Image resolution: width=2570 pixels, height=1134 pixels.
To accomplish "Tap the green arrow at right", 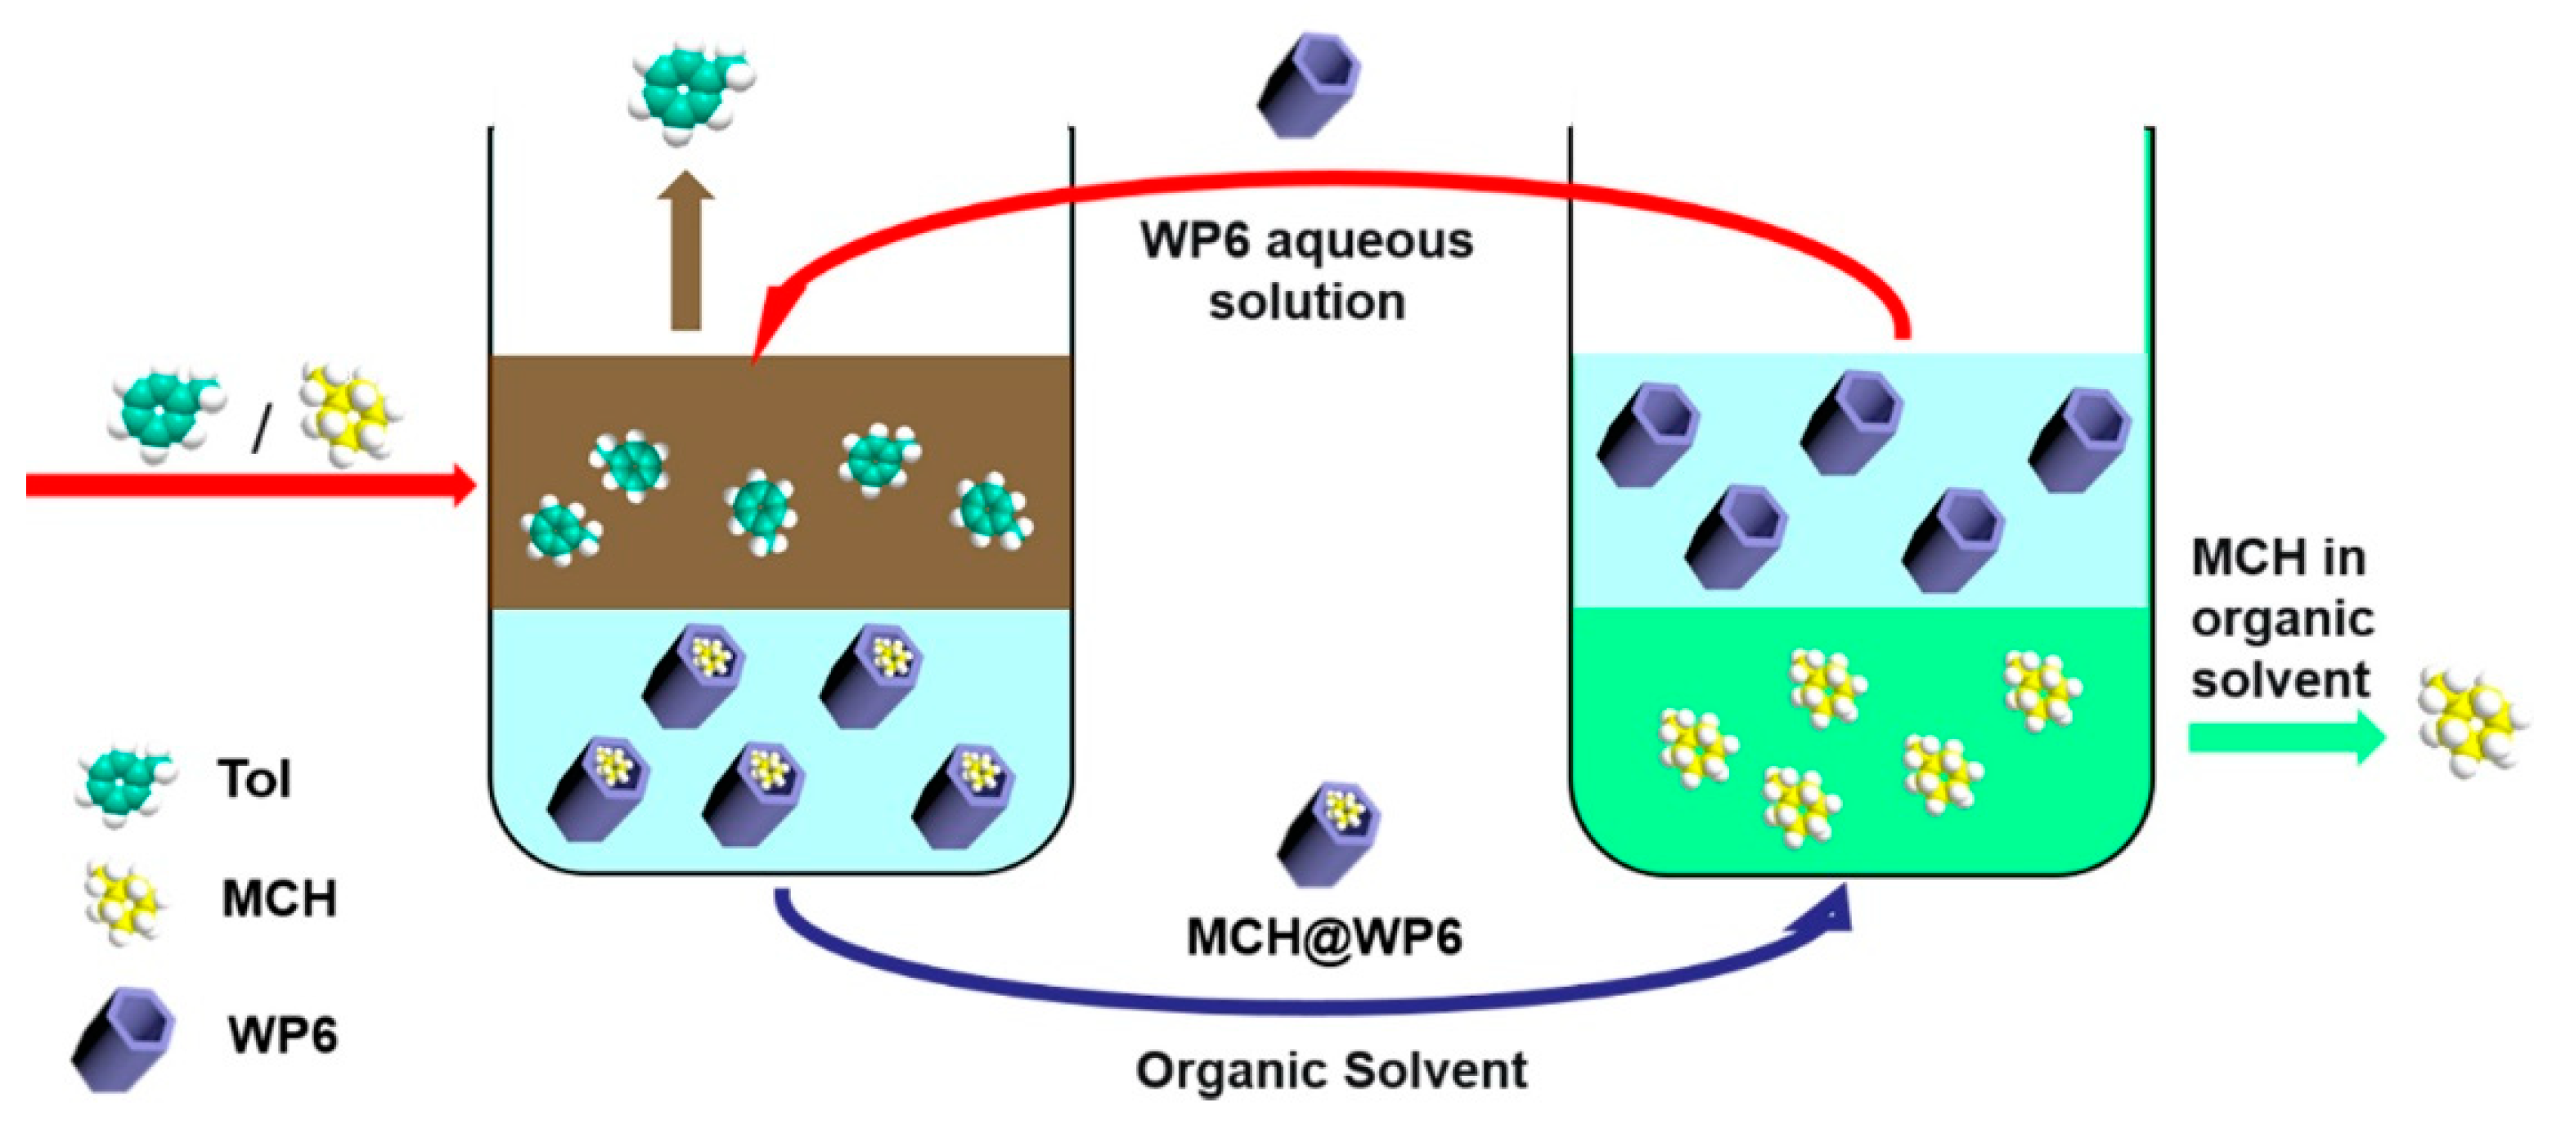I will coord(2285,738).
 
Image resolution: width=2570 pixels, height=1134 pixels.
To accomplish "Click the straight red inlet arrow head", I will coord(465,485).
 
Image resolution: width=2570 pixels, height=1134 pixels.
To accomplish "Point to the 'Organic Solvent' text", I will coord(1331,1070).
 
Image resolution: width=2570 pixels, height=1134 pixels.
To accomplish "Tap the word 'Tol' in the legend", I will coord(255,779).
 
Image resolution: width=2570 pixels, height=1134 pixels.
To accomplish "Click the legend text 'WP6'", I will coord(282,1034).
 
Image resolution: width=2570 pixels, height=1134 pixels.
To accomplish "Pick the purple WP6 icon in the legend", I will coord(124,1038).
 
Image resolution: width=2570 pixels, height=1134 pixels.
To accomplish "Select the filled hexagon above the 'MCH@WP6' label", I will coord(1330,833).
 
